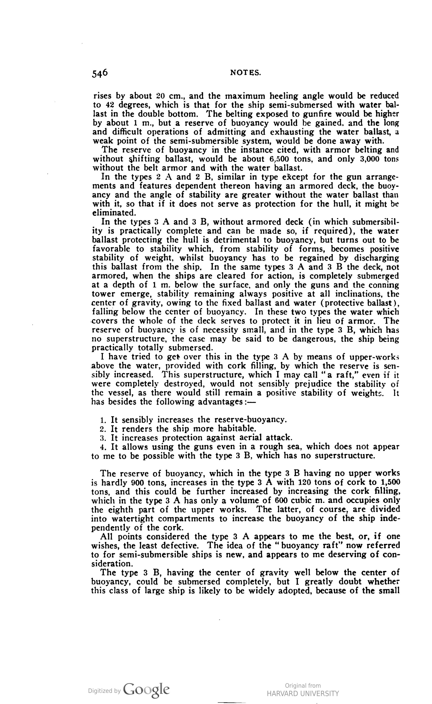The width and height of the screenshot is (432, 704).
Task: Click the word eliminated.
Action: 113,213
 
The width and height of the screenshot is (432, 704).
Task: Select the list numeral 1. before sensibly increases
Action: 103,420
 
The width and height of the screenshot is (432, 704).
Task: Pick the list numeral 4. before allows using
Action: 103,447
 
